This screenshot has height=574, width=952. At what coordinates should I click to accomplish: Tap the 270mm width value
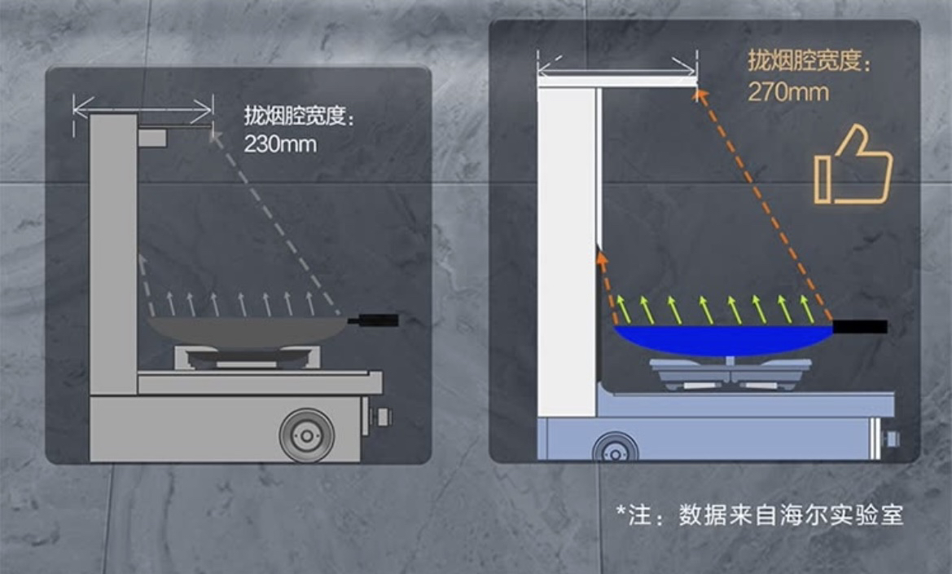coord(787,91)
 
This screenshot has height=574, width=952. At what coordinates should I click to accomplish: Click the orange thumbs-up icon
coord(853,166)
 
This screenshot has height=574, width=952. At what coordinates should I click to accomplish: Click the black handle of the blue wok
coord(859,327)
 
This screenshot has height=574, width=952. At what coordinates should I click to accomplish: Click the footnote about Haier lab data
coord(759,515)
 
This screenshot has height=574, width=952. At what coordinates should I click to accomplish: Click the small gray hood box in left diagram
coord(152,138)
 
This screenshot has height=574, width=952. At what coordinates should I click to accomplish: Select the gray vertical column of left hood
coord(113,253)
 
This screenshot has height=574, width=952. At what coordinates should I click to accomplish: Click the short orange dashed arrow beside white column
coord(606,285)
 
